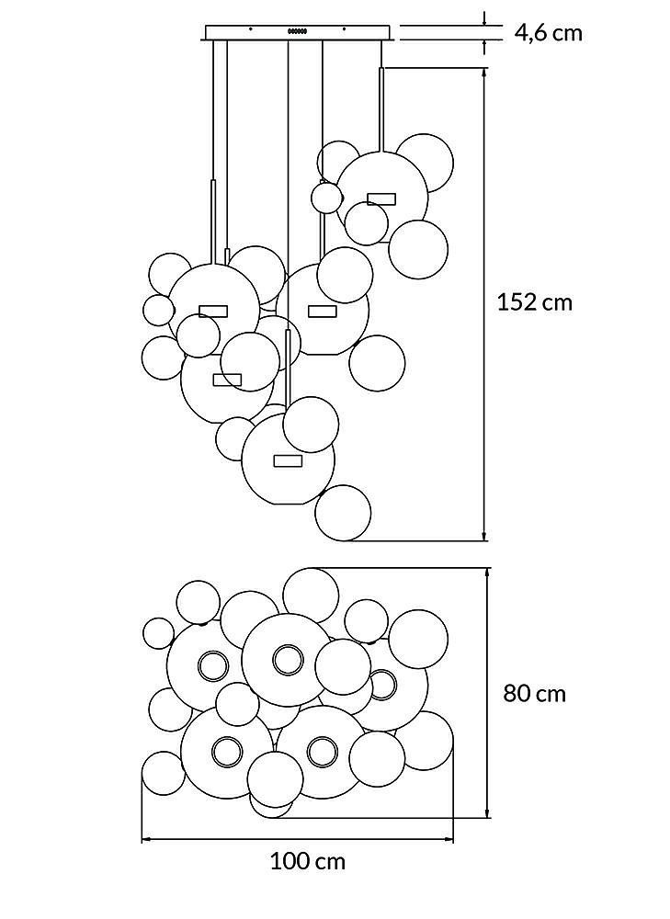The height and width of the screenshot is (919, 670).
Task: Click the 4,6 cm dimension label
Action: point(549,33)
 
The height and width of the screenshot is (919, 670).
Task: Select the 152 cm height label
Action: point(534,302)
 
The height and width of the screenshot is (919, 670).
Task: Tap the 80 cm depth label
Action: point(535,693)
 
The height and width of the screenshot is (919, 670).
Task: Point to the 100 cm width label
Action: point(308,861)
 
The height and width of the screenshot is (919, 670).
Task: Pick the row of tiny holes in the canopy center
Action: point(297,31)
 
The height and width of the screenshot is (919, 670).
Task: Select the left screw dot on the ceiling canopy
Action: point(250,28)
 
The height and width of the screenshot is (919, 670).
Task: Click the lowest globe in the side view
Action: point(343,513)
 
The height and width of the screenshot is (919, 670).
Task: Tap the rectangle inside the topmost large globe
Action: point(381,199)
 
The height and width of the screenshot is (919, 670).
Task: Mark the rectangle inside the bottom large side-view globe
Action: point(288,460)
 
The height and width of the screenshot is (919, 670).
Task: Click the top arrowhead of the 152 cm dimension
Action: point(484,73)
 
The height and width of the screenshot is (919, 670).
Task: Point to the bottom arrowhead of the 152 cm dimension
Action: point(484,536)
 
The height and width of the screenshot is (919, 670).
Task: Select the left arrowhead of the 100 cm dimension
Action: point(147,840)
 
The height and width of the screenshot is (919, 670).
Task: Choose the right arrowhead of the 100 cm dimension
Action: point(449,840)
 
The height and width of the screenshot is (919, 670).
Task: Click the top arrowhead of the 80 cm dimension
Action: point(488,573)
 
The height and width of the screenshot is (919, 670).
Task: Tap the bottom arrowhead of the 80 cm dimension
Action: point(488,812)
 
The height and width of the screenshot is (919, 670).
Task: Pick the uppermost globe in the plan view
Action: point(311,596)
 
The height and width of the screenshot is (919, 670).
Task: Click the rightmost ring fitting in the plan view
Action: point(382,685)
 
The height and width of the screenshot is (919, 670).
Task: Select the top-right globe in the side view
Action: point(425,163)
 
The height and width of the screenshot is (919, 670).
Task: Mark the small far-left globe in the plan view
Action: point(158,633)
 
